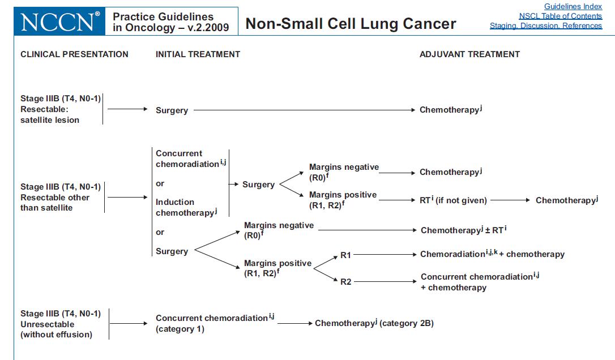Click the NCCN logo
pos(59,21)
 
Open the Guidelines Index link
pos(573,6)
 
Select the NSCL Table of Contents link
pos(561,16)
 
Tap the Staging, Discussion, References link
pos(546,25)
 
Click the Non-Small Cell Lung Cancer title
pos(351,24)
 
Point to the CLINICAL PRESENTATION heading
pos(75,54)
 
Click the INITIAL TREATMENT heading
pos(198,54)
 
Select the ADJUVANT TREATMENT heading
pos(469,54)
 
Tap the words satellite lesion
pos(50,120)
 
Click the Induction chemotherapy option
pos(186,207)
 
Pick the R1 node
pos(345,255)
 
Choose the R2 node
pos(346,282)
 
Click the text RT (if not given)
pos(453,200)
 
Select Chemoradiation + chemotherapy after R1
pos(492,254)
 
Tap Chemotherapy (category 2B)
pos(374,323)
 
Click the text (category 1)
pos(180,329)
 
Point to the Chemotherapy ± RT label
pos(464,230)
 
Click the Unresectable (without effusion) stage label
pos(57,329)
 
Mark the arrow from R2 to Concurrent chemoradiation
pos(385,281)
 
